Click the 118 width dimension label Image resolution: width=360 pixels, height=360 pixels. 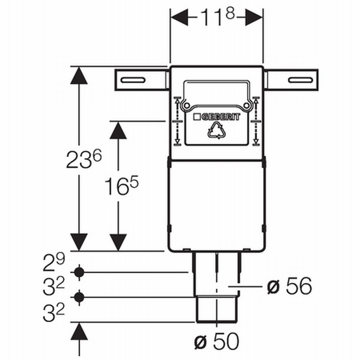217,17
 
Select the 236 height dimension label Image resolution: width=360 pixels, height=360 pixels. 84,159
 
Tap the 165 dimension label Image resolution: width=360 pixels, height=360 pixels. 121,185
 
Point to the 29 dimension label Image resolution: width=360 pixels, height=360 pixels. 54,262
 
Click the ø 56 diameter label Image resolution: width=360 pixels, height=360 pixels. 289,286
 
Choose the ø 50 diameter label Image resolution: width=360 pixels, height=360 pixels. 217,342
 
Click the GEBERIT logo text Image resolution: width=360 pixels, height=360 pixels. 216,117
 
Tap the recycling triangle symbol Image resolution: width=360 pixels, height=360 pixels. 216,130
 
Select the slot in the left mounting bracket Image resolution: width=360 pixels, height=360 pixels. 133,80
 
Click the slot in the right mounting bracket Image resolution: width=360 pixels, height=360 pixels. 301,80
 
